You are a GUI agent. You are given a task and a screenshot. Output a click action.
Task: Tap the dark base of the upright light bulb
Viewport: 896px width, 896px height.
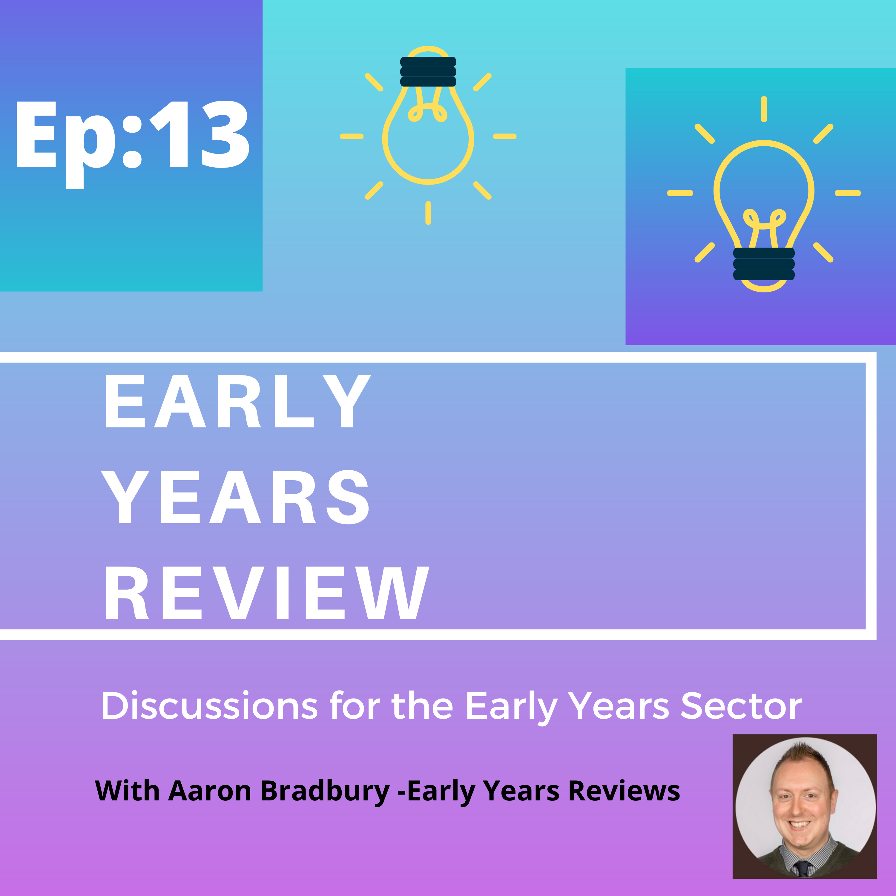764,264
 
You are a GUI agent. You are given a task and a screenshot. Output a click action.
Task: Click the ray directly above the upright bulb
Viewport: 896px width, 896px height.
764,109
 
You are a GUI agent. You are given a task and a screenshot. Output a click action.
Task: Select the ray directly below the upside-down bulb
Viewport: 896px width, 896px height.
428,213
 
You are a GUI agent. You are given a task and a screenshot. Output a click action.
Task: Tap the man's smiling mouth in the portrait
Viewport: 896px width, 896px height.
799,825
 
